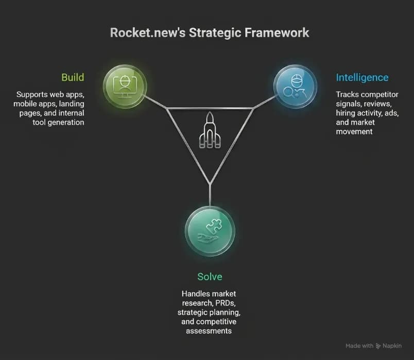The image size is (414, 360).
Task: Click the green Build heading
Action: (x=73, y=77)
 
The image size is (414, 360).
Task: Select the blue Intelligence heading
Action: (x=362, y=78)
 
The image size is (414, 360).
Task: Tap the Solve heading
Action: (x=210, y=277)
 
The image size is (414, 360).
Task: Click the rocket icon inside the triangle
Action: (x=210, y=130)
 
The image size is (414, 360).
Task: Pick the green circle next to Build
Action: (x=125, y=87)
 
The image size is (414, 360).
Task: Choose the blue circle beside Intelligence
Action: (x=295, y=87)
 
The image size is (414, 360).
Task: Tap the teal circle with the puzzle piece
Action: (x=210, y=232)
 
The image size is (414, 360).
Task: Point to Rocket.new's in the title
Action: (x=148, y=33)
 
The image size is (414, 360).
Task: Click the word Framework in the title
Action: (x=277, y=33)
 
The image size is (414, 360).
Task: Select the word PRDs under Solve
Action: (x=225, y=303)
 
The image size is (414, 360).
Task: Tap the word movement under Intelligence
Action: (x=354, y=131)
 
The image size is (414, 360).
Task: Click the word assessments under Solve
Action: (x=209, y=331)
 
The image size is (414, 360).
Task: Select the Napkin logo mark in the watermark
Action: (x=378, y=346)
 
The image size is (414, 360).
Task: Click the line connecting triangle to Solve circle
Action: (x=210, y=195)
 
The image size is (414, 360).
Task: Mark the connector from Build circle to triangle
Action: (x=156, y=102)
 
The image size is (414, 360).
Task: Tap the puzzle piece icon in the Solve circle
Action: (x=214, y=227)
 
